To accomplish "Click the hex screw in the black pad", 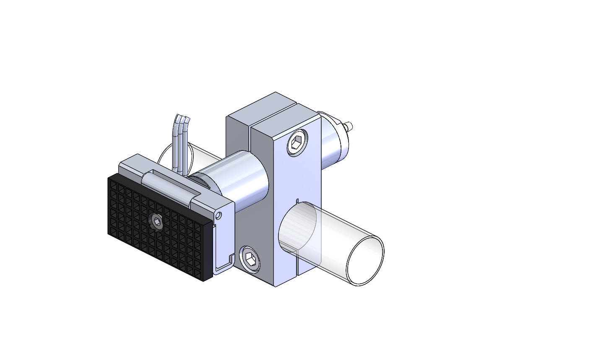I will (156, 222).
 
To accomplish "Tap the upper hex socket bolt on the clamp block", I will (297, 145).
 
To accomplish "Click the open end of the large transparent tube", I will (365, 261).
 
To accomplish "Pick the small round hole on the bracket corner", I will (218, 215).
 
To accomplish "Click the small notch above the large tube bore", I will (296, 200).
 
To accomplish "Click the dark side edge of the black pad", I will (208, 251).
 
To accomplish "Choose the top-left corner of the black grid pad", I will (109, 178).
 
